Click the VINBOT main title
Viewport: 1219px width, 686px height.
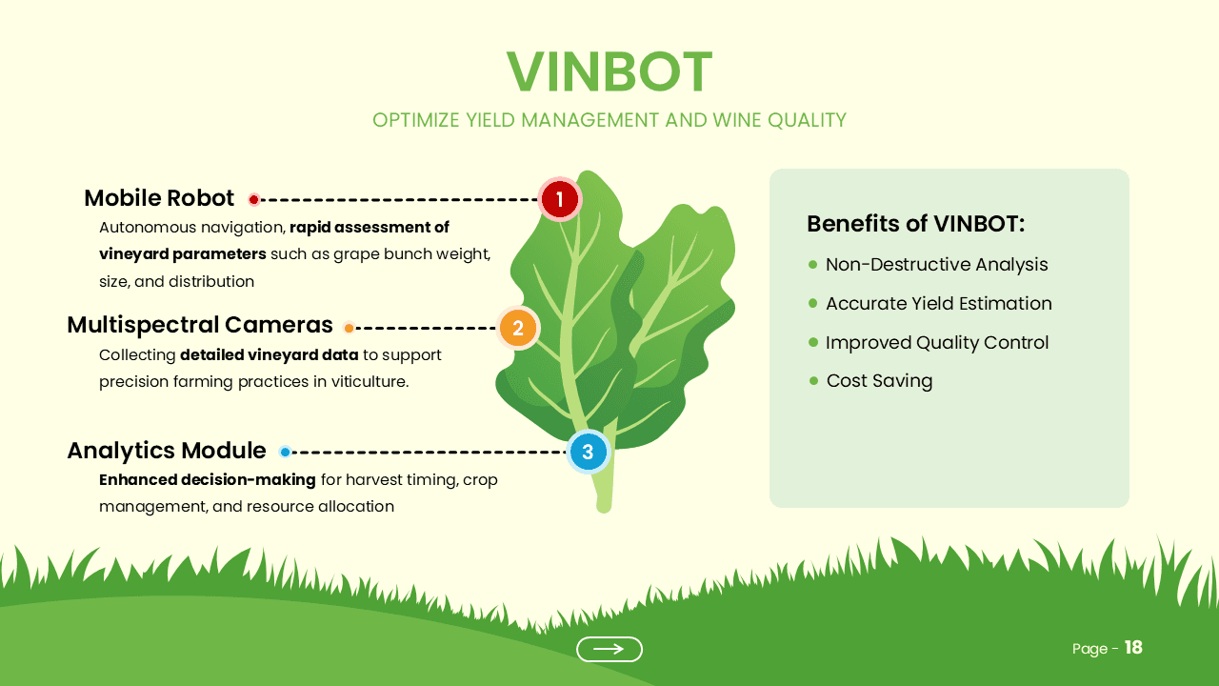click(609, 72)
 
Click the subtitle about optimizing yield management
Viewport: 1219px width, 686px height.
click(609, 120)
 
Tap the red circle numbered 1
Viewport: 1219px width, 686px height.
click(560, 199)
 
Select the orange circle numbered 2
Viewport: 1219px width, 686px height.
click(518, 329)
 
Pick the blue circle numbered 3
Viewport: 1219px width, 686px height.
click(588, 452)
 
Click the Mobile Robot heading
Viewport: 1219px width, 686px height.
click(159, 198)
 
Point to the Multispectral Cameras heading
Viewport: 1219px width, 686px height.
click(200, 325)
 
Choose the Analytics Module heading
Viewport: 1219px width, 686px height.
click(167, 451)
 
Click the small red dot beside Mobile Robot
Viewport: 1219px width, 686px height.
click(254, 200)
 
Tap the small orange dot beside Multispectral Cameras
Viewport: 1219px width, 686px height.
click(349, 329)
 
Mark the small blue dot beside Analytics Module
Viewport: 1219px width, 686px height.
click(285, 452)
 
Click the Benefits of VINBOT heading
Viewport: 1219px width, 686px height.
click(915, 224)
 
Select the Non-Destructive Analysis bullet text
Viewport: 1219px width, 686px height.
click(936, 265)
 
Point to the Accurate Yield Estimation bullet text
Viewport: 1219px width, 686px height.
click(938, 304)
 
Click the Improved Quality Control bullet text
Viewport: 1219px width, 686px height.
click(937, 343)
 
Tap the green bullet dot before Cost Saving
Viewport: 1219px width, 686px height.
click(813, 380)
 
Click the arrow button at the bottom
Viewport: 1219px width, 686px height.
click(609, 649)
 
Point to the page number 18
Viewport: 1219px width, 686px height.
click(1133, 648)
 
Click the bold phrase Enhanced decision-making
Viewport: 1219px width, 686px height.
click(207, 480)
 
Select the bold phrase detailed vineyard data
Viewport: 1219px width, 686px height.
click(270, 355)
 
